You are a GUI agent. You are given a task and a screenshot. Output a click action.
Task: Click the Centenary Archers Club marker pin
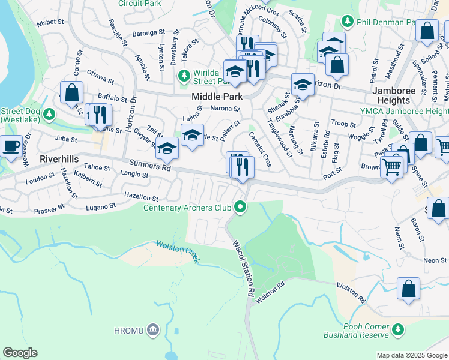241,208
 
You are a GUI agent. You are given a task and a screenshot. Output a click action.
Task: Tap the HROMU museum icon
153,329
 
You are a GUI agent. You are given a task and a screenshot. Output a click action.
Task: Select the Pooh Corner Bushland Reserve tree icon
397,329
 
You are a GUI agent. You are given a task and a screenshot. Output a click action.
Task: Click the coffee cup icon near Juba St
11,146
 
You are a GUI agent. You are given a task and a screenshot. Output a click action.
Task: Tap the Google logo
20,353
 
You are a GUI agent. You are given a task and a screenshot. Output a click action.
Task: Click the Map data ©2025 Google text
412,355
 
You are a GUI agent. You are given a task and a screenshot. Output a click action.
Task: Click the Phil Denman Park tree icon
347,22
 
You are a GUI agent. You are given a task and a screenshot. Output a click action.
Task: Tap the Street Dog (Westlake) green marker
50,114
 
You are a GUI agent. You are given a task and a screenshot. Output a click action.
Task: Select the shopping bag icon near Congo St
71,92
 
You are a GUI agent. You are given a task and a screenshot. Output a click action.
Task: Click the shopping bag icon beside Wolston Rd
409,288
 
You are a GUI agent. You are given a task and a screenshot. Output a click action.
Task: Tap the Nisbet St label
50,22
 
